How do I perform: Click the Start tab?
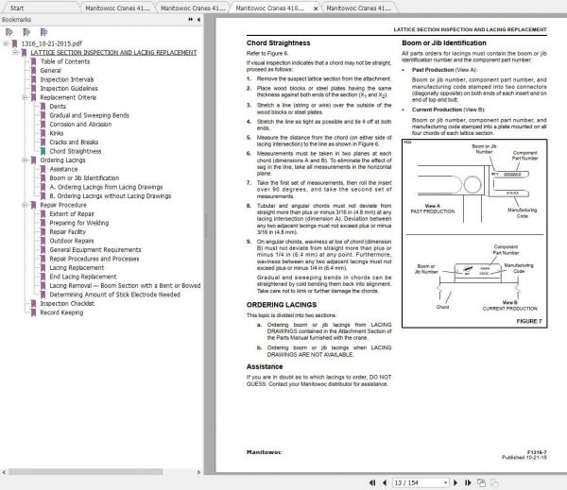[17, 7]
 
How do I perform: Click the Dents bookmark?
[59, 106]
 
